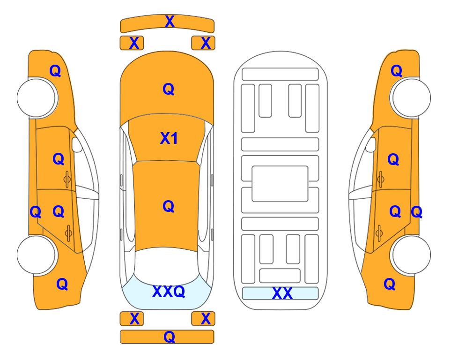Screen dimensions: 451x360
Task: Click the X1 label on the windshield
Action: (x=169, y=138)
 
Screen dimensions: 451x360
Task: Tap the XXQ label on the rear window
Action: (x=169, y=292)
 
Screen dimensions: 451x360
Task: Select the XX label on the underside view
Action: (x=282, y=293)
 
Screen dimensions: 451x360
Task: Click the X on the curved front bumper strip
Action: (x=170, y=21)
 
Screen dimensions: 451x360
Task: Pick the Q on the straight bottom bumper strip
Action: (x=169, y=337)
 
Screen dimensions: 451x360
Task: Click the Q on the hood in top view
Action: (x=169, y=89)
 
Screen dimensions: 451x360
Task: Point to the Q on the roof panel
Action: (x=169, y=206)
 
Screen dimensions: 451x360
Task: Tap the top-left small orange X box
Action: (x=132, y=43)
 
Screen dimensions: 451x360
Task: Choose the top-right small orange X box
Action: (x=203, y=43)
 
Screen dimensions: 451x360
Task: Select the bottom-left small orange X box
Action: (x=132, y=319)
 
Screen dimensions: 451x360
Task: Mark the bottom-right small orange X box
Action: (x=203, y=319)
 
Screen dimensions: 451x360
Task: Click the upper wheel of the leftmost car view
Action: (x=37, y=97)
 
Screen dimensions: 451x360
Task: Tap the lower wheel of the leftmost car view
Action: (x=37, y=255)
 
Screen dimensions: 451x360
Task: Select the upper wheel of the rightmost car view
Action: (x=411, y=97)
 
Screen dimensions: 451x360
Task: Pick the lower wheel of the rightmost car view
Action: (x=411, y=255)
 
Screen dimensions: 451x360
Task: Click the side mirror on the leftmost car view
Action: (x=76, y=144)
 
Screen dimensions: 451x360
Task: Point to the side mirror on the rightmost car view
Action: (x=371, y=144)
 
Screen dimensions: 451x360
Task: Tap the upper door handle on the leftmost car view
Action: (x=67, y=180)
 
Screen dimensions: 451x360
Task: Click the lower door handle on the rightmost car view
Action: (x=379, y=233)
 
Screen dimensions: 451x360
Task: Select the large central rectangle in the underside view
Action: (x=280, y=184)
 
